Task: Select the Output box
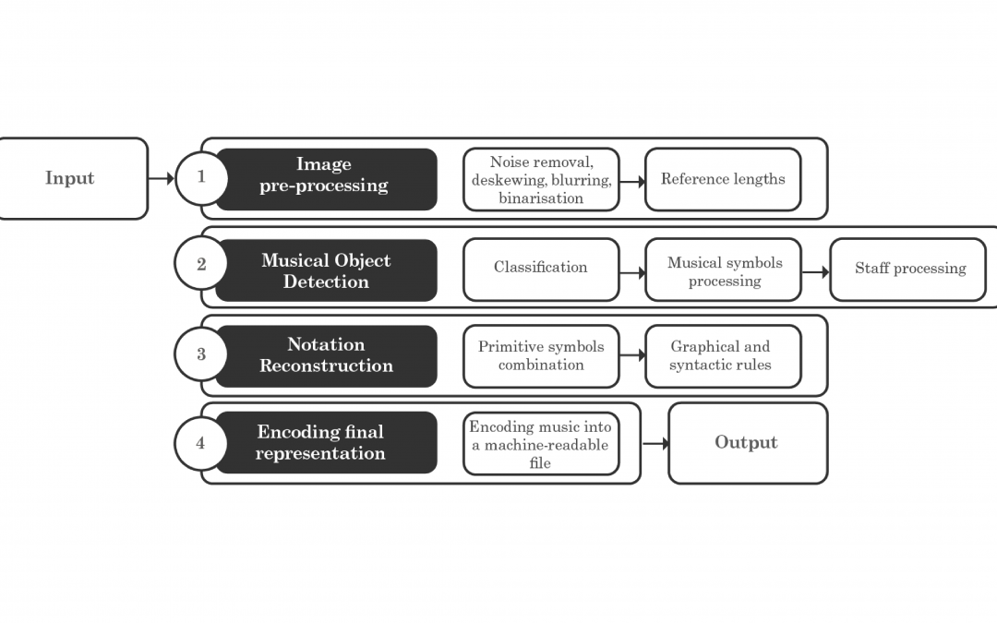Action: click(x=748, y=443)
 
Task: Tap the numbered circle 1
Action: click(x=201, y=178)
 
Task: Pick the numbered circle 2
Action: click(x=201, y=263)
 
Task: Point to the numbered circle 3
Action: click(x=201, y=353)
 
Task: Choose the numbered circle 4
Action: click(x=201, y=443)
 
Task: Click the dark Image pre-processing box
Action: click(x=326, y=179)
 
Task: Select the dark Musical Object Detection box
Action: click(x=326, y=270)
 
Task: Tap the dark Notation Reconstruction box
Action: click(x=326, y=356)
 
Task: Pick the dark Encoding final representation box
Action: click(x=326, y=442)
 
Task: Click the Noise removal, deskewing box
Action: click(x=541, y=179)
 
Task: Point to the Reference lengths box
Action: click(x=723, y=179)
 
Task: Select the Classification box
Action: click(x=541, y=270)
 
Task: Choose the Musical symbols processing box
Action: click(x=723, y=270)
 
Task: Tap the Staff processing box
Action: click(x=908, y=270)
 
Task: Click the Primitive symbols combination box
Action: click(x=541, y=356)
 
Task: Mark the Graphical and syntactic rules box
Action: click(x=723, y=356)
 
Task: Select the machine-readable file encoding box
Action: click(x=541, y=443)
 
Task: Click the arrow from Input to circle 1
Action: click(x=162, y=179)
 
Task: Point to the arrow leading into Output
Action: click(x=655, y=443)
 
